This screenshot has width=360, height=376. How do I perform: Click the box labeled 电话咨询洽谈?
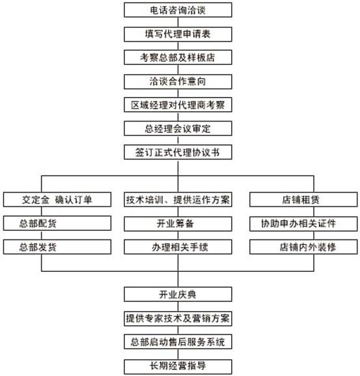[x=178, y=10]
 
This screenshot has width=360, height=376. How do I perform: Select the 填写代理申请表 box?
[x=178, y=34]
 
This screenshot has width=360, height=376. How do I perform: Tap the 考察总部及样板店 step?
[x=178, y=57]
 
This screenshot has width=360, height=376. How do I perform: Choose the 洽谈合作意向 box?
[x=178, y=82]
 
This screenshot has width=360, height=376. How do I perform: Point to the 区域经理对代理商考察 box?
[x=178, y=105]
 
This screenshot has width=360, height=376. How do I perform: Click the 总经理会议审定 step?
[x=178, y=129]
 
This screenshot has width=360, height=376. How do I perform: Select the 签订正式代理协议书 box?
[x=178, y=152]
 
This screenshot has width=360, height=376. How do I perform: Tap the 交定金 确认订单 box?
[x=57, y=200]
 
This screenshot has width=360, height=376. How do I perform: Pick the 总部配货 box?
[x=57, y=223]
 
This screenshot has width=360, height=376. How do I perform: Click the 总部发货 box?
[x=57, y=247]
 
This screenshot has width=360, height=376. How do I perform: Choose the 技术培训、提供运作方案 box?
[x=178, y=200]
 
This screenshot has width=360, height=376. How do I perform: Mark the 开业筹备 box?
[x=178, y=224]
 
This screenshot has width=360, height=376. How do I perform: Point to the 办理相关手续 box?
[x=178, y=247]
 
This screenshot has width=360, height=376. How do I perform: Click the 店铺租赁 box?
[x=303, y=200]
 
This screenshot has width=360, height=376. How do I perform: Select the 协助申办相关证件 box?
[x=303, y=224]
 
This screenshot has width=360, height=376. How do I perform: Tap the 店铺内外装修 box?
[x=303, y=247]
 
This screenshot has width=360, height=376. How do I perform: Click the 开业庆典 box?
[x=178, y=294]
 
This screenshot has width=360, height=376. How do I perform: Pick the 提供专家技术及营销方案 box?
[x=178, y=319]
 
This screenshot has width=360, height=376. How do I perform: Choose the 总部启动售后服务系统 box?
[x=178, y=342]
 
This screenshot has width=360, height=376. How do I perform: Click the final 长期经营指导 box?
[x=178, y=366]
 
